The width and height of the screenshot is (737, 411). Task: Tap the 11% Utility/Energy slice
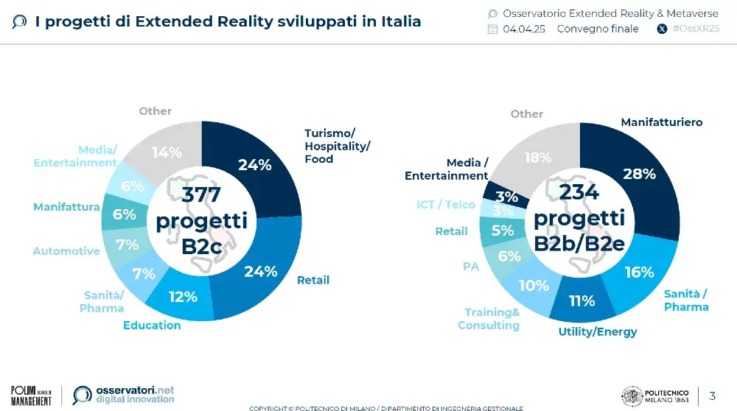[582, 301]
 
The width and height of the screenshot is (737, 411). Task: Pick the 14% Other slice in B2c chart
[167, 152]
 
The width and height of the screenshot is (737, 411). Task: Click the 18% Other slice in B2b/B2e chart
[537, 158]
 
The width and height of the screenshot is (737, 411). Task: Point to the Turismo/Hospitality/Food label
[337, 146]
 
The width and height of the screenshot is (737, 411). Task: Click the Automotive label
[66, 251]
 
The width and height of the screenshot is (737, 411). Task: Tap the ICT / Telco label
[445, 204]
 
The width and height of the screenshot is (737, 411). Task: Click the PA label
[471, 266]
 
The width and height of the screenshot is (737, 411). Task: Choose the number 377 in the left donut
[201, 194]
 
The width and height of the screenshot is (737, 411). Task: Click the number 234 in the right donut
[579, 192]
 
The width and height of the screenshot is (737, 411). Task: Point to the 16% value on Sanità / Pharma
[639, 272]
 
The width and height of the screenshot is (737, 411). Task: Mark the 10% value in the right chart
[534, 285]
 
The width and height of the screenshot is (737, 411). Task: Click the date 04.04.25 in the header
[524, 29]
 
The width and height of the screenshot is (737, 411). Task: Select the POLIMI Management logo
[31, 395]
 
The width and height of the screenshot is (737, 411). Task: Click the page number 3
[712, 396]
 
